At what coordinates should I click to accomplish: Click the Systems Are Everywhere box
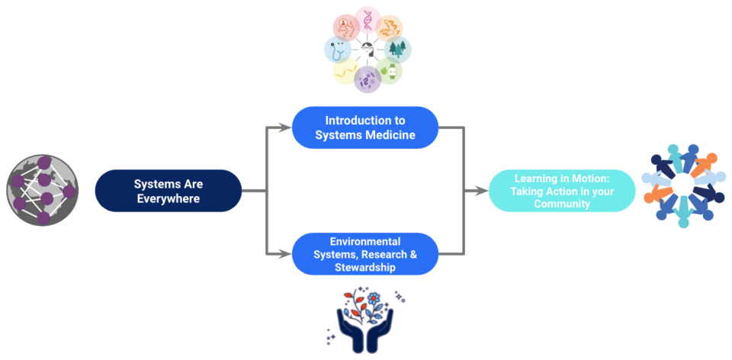168,191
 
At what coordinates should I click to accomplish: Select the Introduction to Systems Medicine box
364,127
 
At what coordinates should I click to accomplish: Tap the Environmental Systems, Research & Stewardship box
364,254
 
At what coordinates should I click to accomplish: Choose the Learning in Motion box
561,191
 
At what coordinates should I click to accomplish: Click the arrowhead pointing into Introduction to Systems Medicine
287,127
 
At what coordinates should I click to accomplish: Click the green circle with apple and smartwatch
389,72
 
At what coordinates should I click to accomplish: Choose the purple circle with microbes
368,79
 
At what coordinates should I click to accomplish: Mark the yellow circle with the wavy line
345,72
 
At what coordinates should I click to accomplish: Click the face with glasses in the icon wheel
345,27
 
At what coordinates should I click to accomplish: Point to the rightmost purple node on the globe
69,192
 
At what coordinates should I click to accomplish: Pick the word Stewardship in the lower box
364,268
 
